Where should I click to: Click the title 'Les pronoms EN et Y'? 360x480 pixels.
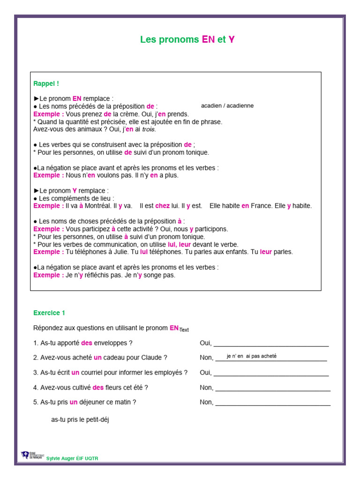click(x=187, y=40)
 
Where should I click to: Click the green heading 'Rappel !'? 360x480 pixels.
click(x=46, y=84)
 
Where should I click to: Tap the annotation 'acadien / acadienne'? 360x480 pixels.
click(x=227, y=106)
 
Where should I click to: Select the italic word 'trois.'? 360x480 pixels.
click(x=149, y=129)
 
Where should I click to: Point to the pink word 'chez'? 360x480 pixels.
click(x=162, y=206)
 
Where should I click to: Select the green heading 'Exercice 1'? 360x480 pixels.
click(x=50, y=313)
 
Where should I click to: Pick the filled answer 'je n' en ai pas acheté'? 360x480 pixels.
click(x=252, y=356)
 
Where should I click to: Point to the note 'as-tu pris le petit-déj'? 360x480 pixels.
click(x=80, y=420)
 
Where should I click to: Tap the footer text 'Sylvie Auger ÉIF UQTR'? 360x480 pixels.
click(x=73, y=458)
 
